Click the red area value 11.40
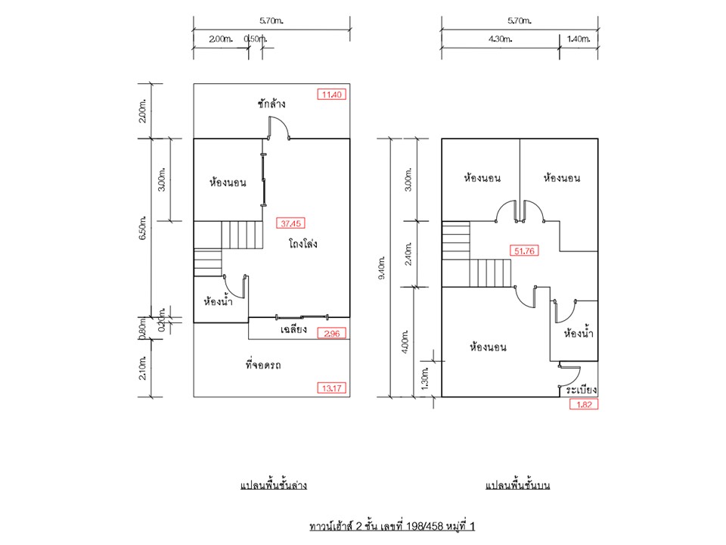pos(331,95)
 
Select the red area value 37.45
pos(290,223)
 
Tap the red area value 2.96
pos(331,333)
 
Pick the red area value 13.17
pos(331,388)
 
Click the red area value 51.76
pos(524,251)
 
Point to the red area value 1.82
pos(584,404)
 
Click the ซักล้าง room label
pos(271,103)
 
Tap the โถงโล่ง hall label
pos(302,243)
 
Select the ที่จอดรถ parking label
pos(263,364)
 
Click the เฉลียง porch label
pos(293,329)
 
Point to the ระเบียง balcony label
pos(581,389)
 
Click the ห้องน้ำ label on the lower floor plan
pos(218,301)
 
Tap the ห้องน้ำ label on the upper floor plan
pos(579,333)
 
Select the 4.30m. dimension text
pos(500,39)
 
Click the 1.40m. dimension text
pos(579,39)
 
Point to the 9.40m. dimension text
pos(381,267)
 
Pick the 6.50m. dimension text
pos(143,228)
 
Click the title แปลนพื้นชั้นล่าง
pos(274,485)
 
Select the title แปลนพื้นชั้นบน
pos(517,485)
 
